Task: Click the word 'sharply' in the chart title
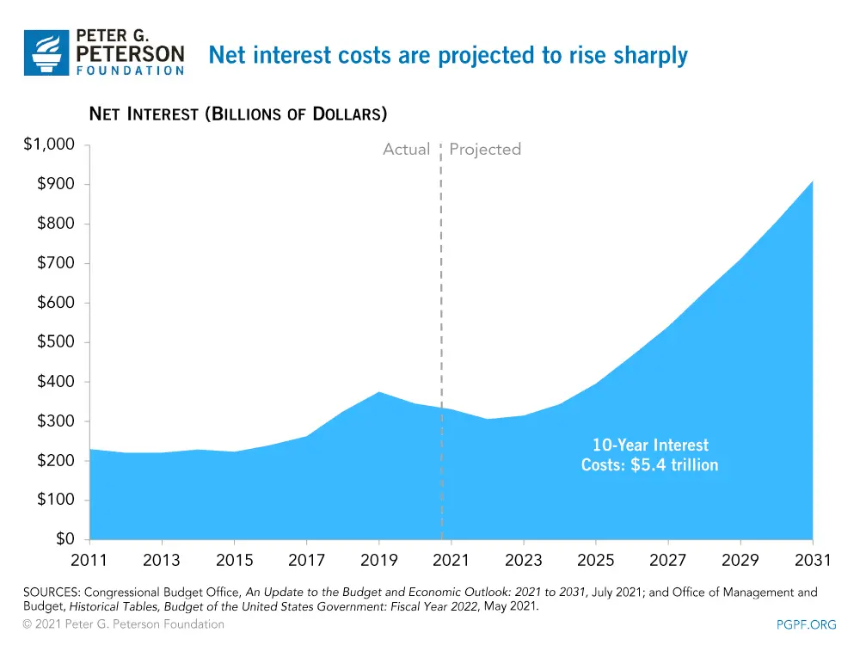(651, 56)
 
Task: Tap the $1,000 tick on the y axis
(49, 144)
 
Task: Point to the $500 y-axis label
(55, 342)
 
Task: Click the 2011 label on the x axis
(89, 561)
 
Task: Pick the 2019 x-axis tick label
(378, 561)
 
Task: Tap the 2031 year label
(813, 561)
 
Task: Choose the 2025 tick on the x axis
(596, 561)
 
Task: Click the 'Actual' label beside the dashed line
(406, 150)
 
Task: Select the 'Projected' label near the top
(485, 150)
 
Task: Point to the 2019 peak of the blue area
(378, 392)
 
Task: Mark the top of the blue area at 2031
(812, 181)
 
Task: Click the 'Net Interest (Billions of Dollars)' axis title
(238, 114)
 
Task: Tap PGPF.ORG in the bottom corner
(806, 625)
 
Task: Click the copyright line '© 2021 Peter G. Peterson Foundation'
(124, 624)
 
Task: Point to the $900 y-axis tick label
(55, 184)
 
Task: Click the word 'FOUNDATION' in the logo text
(131, 71)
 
